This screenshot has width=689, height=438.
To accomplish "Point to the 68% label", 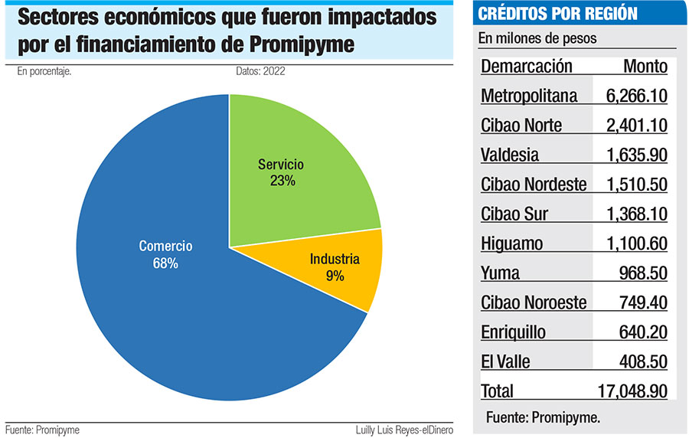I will tap(165, 263).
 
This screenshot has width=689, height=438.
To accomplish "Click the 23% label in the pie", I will tap(282, 181).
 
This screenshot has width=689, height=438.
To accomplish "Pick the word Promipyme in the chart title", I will tap(302, 45).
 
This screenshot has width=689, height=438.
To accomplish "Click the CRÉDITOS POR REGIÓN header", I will tap(557, 14).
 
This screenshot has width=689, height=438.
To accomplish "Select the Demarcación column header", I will tap(527, 67).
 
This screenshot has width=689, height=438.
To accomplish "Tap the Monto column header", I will tap(645, 67).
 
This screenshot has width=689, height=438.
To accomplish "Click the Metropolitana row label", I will tap(529, 96).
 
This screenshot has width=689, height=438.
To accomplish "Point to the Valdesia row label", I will tap(510, 155).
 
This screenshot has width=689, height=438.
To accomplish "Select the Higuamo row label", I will tap(512, 244).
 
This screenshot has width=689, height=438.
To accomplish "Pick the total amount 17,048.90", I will tap(632, 391).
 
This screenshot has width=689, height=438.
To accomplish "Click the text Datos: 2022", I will tap(261, 72).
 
